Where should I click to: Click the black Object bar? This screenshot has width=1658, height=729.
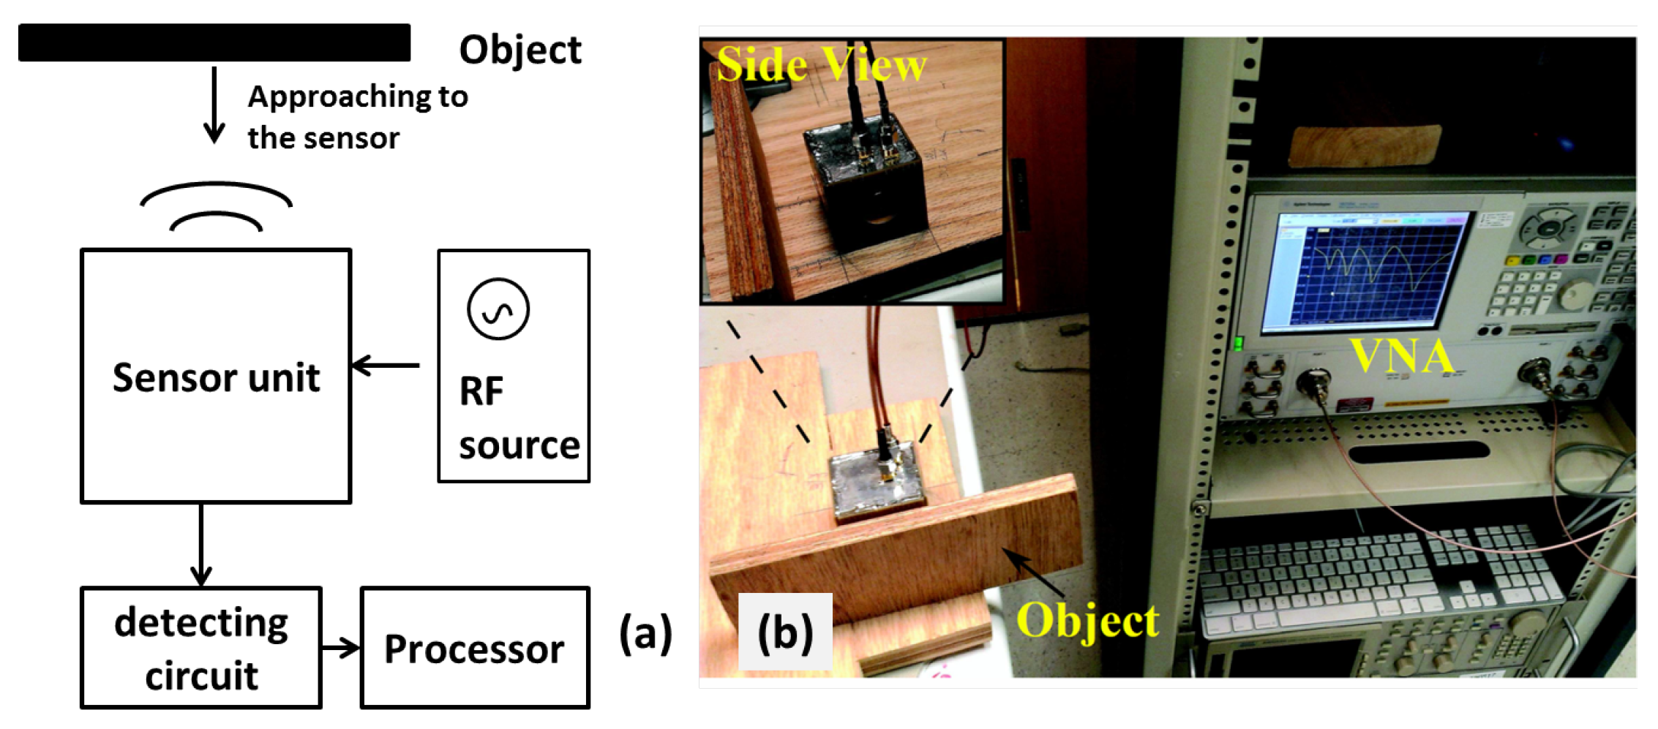214,42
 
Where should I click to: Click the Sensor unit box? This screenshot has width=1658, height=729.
216,376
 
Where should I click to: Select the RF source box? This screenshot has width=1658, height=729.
514,366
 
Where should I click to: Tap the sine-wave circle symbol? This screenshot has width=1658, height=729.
498,309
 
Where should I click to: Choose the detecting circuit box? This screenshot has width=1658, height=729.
201,648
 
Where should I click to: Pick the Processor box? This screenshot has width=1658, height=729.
475,648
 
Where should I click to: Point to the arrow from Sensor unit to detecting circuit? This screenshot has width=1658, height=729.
201,545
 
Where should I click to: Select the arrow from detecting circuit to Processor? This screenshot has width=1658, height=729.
341,648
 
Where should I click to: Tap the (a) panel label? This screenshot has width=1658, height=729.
645,633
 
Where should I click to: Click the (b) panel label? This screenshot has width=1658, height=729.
785,633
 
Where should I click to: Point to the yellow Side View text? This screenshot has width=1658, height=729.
821,64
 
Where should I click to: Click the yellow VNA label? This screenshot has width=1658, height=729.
1401,356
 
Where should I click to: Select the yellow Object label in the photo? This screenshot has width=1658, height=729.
1087,622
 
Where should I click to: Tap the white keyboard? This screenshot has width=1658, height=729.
1376,578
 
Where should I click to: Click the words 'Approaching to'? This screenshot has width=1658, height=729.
358,97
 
